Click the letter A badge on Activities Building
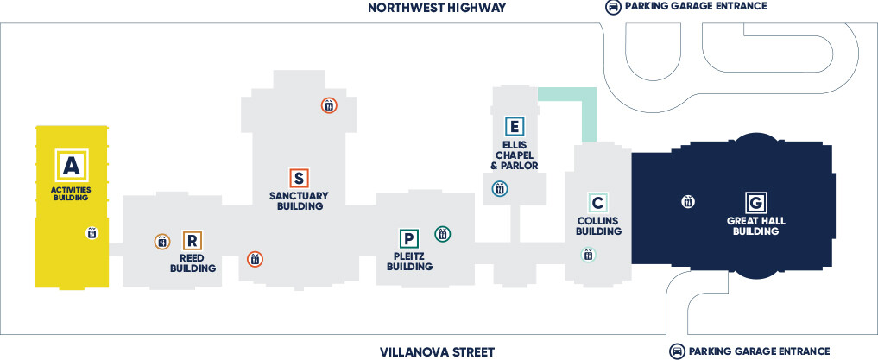click(x=72, y=165)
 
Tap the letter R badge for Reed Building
click(x=192, y=241)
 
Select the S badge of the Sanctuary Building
click(x=299, y=178)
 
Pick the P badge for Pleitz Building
click(x=408, y=239)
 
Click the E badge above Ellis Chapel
click(x=514, y=127)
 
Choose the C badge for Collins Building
click(x=598, y=202)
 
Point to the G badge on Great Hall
click(x=756, y=202)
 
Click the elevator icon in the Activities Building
click(x=92, y=233)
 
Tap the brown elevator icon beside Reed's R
click(x=162, y=242)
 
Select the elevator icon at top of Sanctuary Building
click(x=329, y=104)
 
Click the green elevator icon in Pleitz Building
click(x=443, y=234)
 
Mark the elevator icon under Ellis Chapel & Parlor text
click(x=500, y=189)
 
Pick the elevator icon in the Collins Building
click(x=588, y=255)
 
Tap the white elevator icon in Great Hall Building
click(x=688, y=201)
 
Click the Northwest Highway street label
click(x=437, y=7)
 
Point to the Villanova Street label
click(x=438, y=351)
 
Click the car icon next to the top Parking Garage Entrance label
click(x=613, y=7)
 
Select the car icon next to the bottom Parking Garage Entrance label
click(x=677, y=351)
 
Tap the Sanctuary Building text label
click(x=299, y=200)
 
